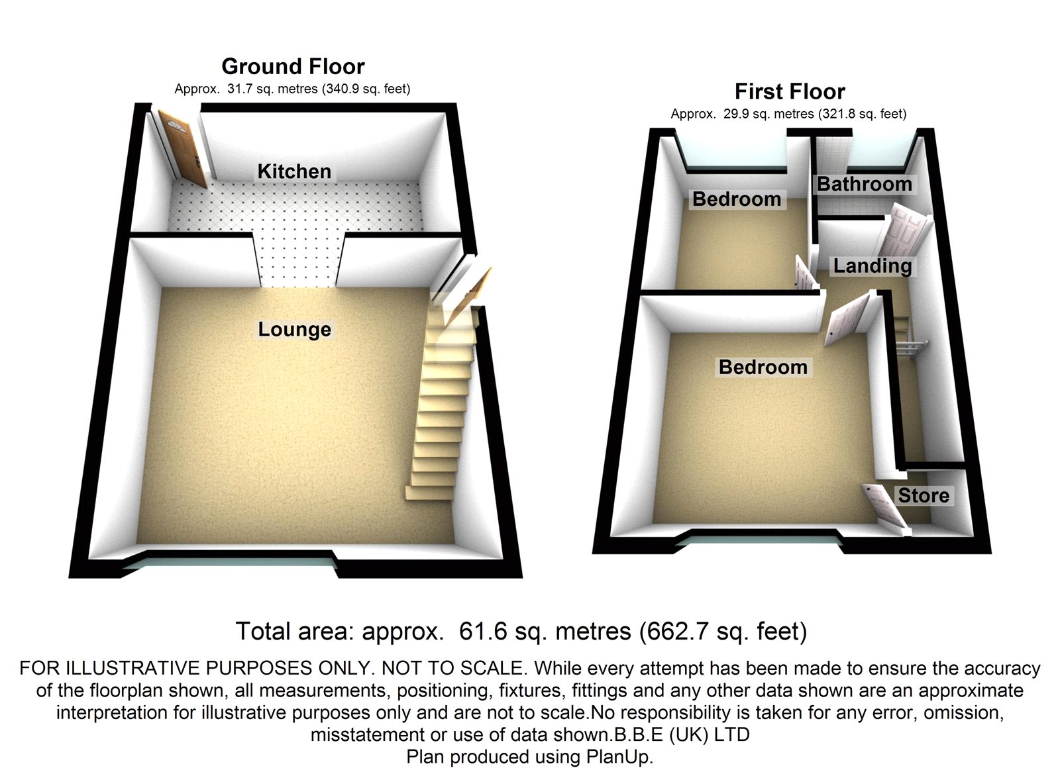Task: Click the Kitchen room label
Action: [x=294, y=171]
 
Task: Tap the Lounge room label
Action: [x=294, y=329]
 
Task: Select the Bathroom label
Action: [x=864, y=184]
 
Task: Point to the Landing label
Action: [x=872, y=266]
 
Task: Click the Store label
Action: [x=924, y=495]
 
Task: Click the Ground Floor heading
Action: [x=293, y=66]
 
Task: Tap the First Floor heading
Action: [x=790, y=91]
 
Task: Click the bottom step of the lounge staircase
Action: [x=429, y=493]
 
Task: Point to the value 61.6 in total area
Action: [x=480, y=632]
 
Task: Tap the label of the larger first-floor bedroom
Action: [x=763, y=367]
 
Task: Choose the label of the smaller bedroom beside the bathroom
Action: [x=736, y=199]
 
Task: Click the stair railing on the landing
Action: [x=911, y=347]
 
